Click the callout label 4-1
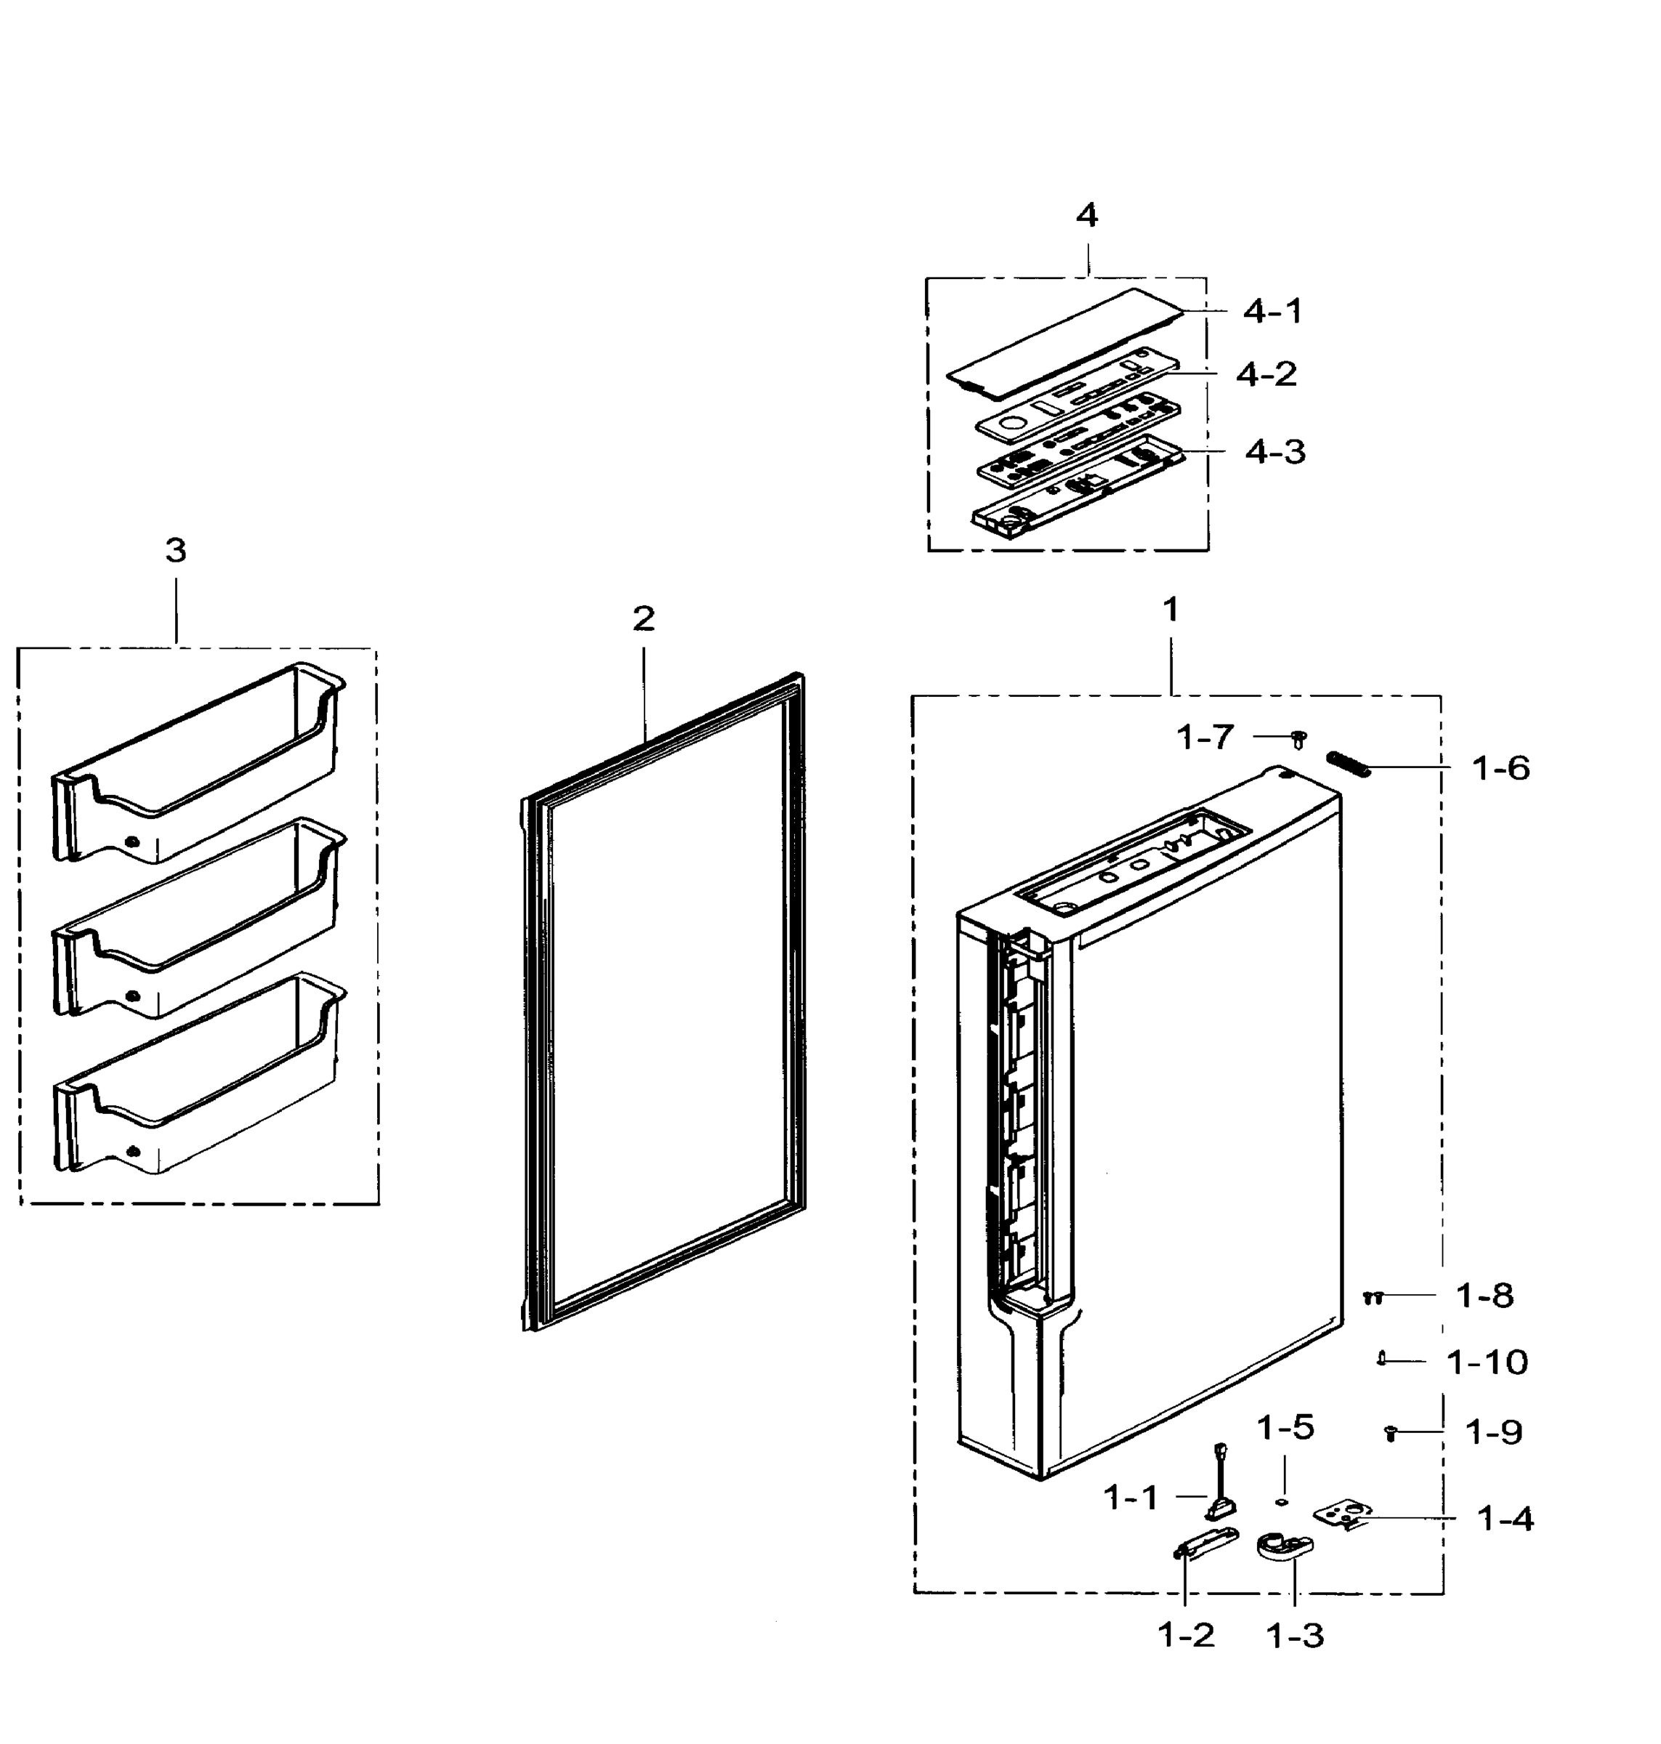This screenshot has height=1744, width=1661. pos(1272,312)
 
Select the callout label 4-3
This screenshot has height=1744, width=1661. pos(1275,453)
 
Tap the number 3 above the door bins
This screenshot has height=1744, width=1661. pos(175,551)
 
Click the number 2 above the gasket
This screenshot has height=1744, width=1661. pos(643,619)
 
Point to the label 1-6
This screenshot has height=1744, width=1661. pos(1500,768)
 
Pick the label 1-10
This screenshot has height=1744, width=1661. pos(1487,1362)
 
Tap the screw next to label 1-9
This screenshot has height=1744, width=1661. pos(1390,1432)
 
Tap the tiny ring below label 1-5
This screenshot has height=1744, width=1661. pos(1281,1501)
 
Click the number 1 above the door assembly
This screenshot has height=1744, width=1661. pos(1171,609)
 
